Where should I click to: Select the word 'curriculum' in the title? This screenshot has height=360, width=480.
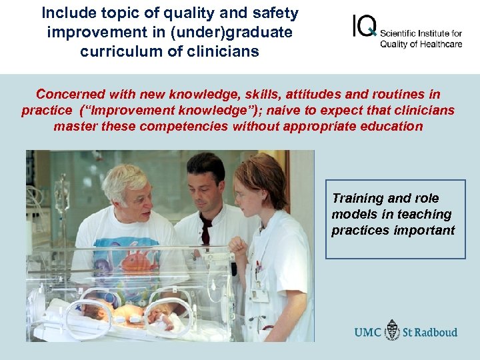[114, 51]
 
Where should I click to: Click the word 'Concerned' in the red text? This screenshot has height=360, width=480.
[70, 95]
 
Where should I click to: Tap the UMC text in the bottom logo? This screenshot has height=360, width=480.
[369, 331]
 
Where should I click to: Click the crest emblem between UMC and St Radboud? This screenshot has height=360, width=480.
[393, 331]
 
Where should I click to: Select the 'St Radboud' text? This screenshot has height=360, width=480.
[429, 331]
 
